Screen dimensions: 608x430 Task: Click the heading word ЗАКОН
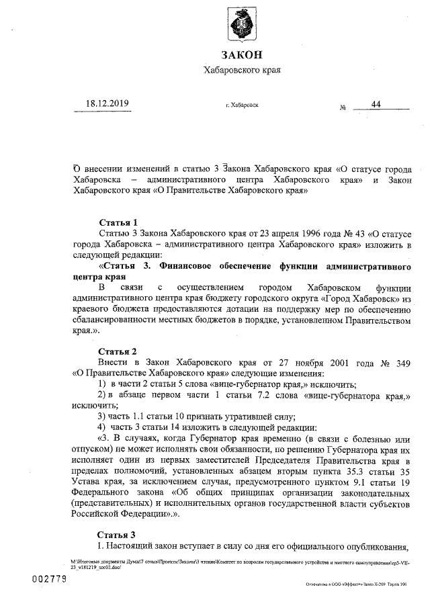241,54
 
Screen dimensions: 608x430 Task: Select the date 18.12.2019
106,103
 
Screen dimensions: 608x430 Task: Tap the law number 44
376,103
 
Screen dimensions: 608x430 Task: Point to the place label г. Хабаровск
242,105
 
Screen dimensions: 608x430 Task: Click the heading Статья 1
118,222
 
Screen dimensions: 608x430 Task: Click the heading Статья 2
118,351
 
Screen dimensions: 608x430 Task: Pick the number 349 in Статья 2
400,362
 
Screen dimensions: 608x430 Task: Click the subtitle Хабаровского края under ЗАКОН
241,70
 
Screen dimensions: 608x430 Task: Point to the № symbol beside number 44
343,107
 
